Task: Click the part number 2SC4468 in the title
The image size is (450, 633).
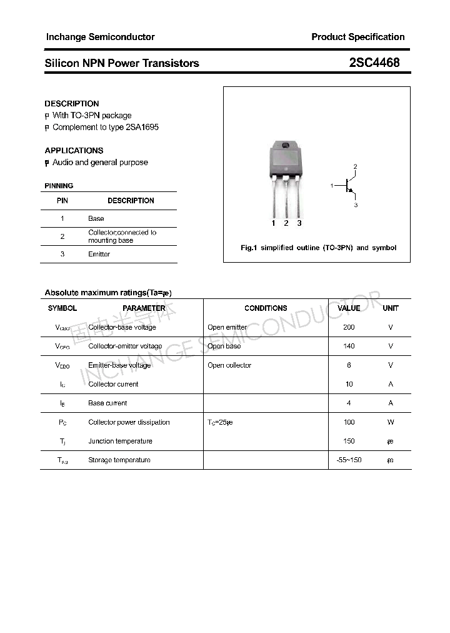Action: [374, 63]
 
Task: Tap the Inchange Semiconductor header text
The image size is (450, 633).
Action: [100, 37]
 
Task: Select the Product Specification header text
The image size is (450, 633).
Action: [357, 37]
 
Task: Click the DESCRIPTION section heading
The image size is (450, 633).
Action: [72, 104]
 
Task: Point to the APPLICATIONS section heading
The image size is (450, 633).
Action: [74, 151]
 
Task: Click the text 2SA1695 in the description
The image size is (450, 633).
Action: [142, 127]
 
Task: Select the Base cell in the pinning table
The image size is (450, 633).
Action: [96, 218]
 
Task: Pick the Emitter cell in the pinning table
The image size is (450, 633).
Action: [99, 254]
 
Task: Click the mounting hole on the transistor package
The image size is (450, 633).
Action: [286, 146]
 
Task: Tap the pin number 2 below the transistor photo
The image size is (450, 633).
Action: [286, 223]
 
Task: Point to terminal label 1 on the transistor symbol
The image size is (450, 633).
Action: [332, 186]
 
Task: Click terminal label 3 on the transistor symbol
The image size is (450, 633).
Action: [356, 205]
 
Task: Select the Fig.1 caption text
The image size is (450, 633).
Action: [318, 248]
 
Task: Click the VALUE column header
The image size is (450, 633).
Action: [349, 308]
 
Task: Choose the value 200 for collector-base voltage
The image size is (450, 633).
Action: [349, 327]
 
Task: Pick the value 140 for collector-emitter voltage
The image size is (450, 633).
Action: [349, 346]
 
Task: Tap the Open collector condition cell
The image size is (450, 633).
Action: [229, 365]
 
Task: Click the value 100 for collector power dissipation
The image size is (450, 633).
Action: [349, 422]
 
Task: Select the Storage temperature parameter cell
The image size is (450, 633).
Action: [119, 460]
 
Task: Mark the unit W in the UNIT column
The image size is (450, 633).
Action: [391, 422]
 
